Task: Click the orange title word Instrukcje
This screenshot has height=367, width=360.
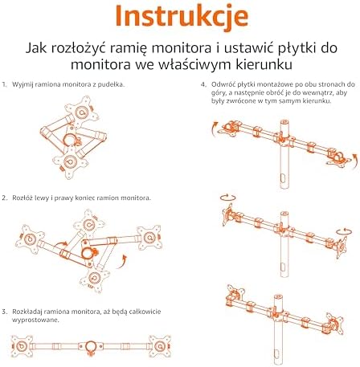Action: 182,15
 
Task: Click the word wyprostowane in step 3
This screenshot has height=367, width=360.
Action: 35,320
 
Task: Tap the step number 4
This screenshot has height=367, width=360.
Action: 203,85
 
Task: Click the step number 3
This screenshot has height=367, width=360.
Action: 4,312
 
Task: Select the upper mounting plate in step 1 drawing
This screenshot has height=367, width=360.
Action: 82,112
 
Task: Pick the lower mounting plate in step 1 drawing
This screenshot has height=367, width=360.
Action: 71,161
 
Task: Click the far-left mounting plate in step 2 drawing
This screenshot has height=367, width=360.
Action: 30,239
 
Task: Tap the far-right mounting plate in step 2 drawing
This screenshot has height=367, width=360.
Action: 149,238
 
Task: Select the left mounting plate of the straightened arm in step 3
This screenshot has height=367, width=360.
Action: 22,346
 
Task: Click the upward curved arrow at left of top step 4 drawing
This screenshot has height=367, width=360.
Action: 214,128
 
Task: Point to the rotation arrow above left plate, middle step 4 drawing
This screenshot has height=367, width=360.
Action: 227,198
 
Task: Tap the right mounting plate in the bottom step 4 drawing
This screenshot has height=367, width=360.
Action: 334,323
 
